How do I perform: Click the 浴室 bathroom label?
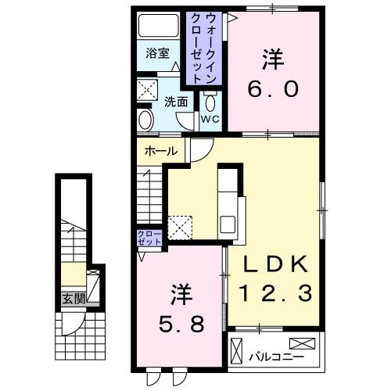pos(157,53)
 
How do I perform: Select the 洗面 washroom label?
pos(175,101)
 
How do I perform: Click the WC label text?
pos(210,119)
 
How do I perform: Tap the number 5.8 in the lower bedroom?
pos(179,322)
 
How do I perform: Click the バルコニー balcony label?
pos(265,357)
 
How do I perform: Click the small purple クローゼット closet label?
pos(149,237)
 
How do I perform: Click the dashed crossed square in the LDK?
pos(181,226)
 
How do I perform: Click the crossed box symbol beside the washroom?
pos(146,87)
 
